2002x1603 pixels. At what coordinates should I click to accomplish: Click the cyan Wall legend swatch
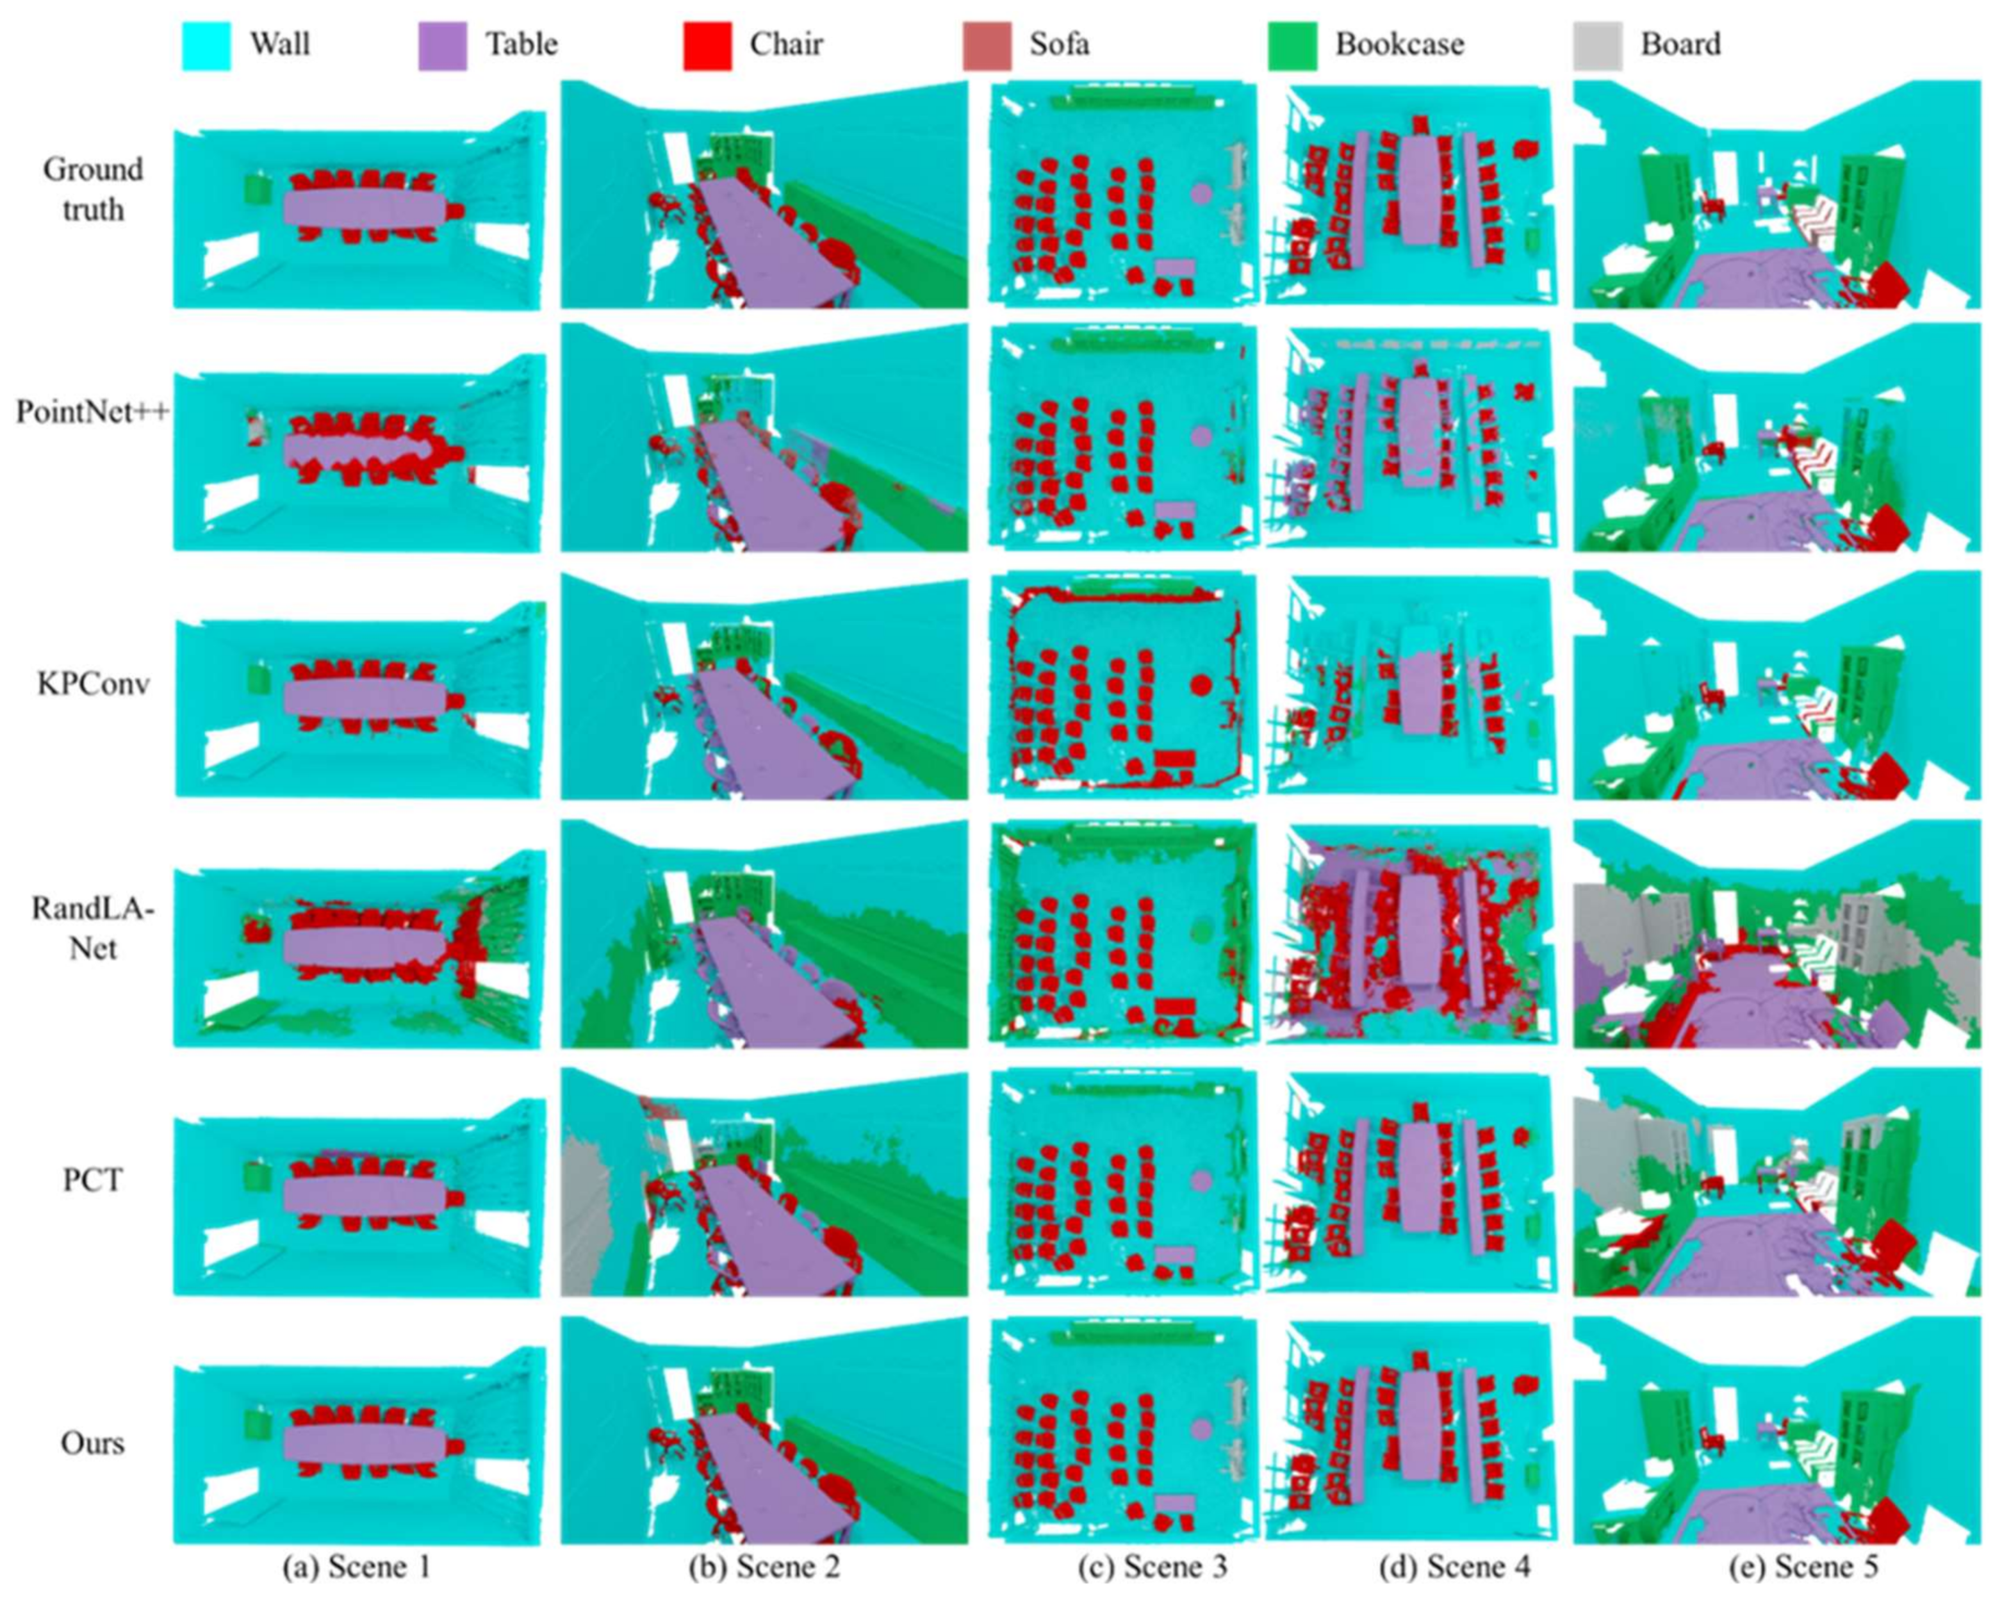point(205,45)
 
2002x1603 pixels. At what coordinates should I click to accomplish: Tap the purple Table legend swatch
point(442,45)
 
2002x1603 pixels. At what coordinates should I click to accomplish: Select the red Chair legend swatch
point(707,45)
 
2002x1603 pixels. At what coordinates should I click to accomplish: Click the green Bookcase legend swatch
point(1292,45)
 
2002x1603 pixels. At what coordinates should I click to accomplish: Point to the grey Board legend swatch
point(1598,45)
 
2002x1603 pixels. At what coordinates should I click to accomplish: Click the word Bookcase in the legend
point(1399,45)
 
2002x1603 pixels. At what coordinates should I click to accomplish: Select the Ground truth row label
point(93,190)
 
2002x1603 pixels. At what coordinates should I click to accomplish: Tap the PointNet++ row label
point(93,436)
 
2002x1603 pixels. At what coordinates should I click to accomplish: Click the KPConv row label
point(93,684)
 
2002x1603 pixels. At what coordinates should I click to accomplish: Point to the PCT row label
point(93,1180)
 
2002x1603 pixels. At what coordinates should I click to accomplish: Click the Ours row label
point(93,1442)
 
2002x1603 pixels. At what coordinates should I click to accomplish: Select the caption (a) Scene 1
point(357,1566)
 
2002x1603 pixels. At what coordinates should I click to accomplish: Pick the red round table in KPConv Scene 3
point(1200,686)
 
